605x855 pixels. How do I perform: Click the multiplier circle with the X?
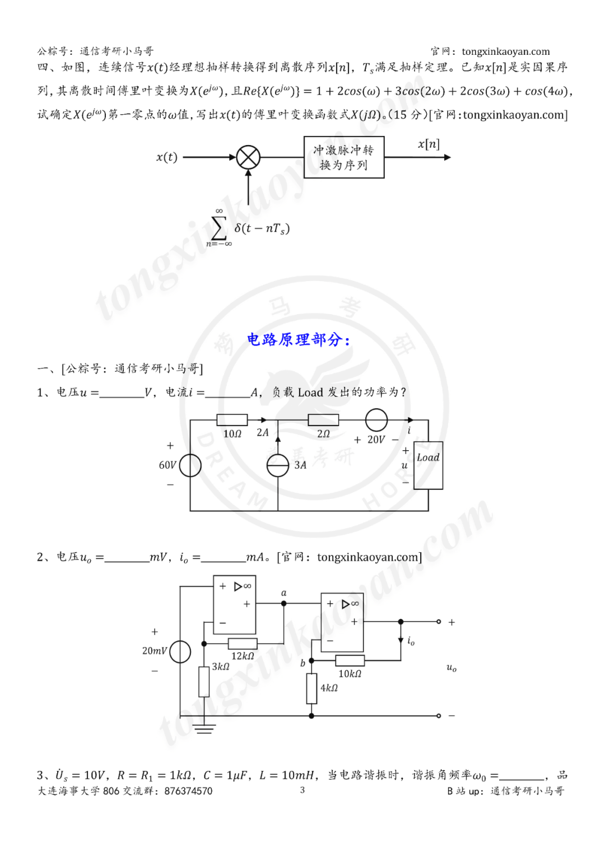click(x=248, y=157)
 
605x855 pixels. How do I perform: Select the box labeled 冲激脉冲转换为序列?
click(x=344, y=157)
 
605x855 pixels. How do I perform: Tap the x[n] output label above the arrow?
click(x=429, y=144)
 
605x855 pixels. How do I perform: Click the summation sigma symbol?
click(x=219, y=228)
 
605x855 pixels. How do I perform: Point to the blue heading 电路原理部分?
click(x=299, y=340)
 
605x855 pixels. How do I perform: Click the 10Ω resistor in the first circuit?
click(x=232, y=420)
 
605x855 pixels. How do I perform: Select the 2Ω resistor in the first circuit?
click(x=323, y=420)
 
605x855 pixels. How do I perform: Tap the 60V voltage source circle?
click(x=190, y=465)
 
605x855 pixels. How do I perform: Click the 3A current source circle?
click(x=278, y=465)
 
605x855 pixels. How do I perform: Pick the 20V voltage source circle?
click(x=376, y=420)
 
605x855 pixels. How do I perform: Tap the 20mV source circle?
click(x=180, y=652)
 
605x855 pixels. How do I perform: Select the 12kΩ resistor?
click(x=243, y=644)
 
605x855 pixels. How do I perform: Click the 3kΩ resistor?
click(x=204, y=681)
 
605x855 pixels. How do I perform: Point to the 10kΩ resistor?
click(x=350, y=661)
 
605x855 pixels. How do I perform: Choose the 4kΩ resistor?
click(x=312, y=689)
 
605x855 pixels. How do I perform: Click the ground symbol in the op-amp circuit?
click(x=204, y=728)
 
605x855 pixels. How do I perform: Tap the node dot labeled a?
click(x=284, y=604)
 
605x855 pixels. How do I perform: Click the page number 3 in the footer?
click(x=302, y=790)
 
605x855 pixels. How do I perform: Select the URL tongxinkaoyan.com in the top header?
click(x=506, y=52)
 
